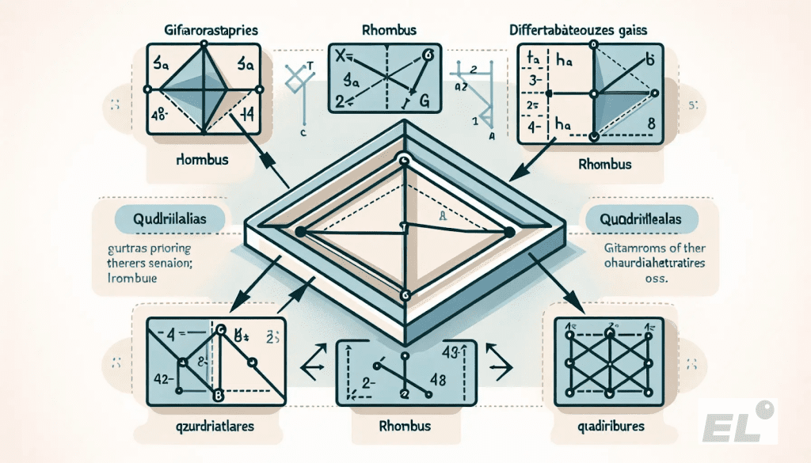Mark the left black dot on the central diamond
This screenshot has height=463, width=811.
(300, 231)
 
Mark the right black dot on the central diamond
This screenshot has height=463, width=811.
(508, 232)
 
